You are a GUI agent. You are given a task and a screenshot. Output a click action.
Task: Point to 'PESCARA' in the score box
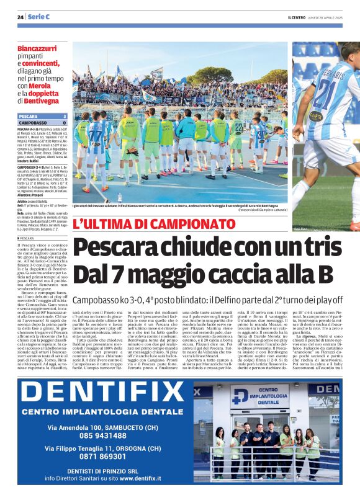pos(29,116)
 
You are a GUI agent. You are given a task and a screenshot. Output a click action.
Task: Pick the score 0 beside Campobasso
pos(65,123)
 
